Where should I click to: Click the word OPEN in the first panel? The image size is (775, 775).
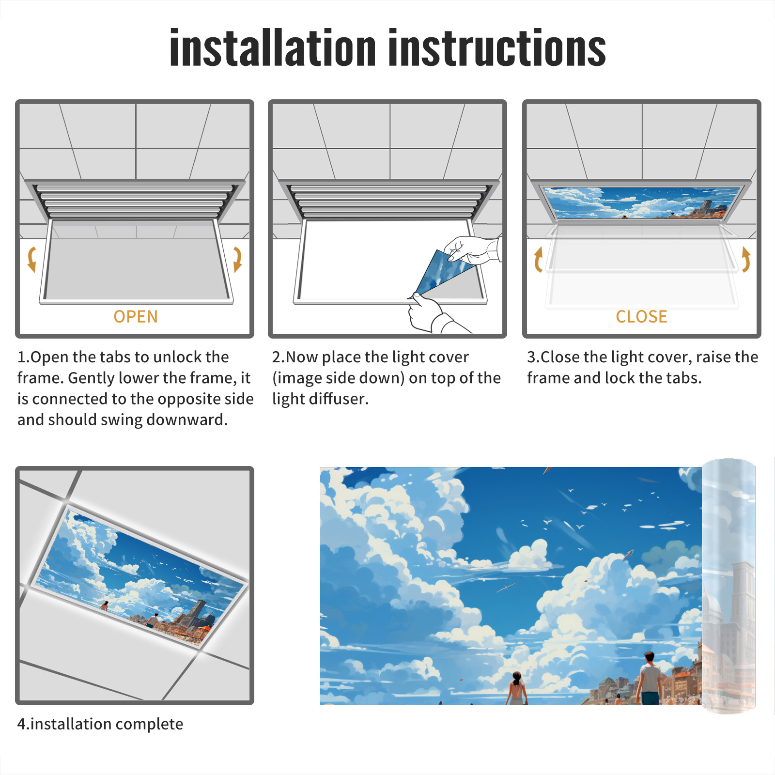tap(136, 317)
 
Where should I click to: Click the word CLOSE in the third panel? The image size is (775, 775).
tap(641, 317)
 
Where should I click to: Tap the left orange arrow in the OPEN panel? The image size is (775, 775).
tap(32, 259)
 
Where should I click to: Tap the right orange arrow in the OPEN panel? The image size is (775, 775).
tap(237, 259)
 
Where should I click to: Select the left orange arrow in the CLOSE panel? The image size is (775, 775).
tap(538, 259)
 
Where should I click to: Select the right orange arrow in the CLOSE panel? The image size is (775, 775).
tap(746, 259)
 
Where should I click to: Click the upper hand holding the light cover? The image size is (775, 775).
tap(472, 249)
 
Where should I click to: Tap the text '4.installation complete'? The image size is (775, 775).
tap(100, 724)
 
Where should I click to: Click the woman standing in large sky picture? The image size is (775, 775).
tap(517, 688)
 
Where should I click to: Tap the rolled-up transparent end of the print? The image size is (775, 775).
tap(728, 586)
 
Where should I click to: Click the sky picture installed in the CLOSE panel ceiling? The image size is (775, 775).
tap(641, 202)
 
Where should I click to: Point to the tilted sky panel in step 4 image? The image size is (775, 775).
tap(140, 576)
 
